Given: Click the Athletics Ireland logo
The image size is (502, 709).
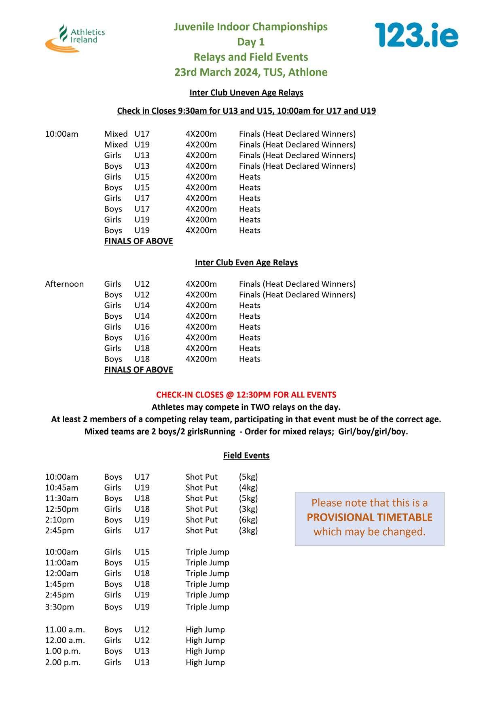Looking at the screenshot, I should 75,38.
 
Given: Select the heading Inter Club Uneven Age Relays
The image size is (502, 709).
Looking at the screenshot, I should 246,93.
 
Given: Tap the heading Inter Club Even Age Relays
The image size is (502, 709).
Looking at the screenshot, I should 246,262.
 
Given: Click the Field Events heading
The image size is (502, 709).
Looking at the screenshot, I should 246,455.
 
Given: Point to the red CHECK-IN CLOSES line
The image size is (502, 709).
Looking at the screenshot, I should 246,395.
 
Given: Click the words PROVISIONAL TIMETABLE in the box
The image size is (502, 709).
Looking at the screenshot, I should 369,517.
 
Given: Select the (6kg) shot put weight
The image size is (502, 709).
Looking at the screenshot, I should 248,520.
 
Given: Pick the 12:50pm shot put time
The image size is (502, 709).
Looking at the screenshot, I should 62,509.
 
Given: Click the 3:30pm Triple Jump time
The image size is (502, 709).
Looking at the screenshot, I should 59,607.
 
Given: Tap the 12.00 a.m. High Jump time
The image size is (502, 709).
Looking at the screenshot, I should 65,640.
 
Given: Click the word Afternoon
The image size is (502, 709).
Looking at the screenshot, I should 64,284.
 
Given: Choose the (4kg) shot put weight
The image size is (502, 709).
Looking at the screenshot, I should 248,487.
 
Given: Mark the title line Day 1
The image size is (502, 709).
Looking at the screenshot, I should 251,42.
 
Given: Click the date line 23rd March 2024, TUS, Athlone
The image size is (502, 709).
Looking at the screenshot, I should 251,72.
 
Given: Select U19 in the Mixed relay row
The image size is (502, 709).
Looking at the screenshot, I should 142,144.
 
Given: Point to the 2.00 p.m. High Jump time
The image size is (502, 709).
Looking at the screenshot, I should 63,662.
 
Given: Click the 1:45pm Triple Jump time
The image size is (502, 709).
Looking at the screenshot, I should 59,584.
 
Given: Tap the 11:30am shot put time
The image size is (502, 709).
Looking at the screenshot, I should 62,498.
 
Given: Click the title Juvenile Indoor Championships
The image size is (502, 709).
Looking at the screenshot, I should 251,27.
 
